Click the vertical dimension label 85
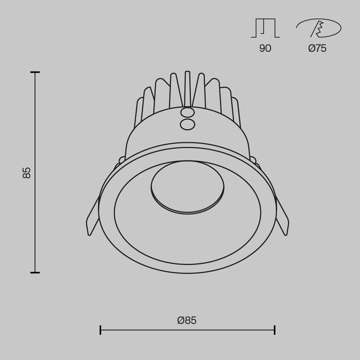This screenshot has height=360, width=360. click(27, 173)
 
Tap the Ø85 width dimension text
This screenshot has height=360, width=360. click(187, 320)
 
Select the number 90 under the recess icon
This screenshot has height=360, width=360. click(265, 48)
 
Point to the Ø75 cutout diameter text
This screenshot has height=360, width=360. click(317, 48)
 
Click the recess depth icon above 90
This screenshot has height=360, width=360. click(265, 28)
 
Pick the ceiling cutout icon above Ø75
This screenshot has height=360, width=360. click(319, 28)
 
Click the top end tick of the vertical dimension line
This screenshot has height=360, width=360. click(35, 72)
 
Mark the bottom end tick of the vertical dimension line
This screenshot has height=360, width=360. click(35, 273)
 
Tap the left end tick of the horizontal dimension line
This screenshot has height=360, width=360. click(100, 330)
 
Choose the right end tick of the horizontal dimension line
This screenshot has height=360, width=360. click(275, 330)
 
